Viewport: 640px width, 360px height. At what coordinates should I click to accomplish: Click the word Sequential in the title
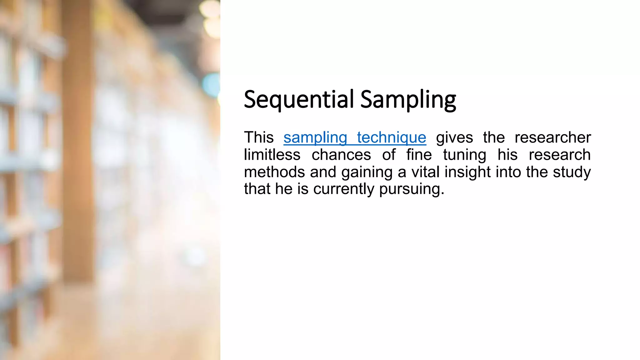tap(299, 99)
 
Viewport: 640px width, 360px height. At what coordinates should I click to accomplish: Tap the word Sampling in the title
tap(408, 99)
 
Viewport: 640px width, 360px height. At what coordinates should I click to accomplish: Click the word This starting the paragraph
tap(259, 137)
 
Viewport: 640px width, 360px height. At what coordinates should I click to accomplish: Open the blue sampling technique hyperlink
tap(355, 137)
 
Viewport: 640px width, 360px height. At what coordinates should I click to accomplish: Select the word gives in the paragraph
tap(454, 137)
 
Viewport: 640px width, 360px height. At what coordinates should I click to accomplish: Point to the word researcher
tap(552, 137)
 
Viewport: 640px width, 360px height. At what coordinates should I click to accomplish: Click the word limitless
tap(272, 155)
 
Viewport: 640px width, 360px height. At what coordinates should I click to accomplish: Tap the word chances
tap(341, 155)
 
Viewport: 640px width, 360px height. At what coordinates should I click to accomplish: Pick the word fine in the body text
tap(419, 155)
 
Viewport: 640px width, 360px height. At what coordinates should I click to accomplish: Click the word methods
tap(274, 172)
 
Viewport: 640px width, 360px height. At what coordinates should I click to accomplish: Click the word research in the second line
tap(559, 155)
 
